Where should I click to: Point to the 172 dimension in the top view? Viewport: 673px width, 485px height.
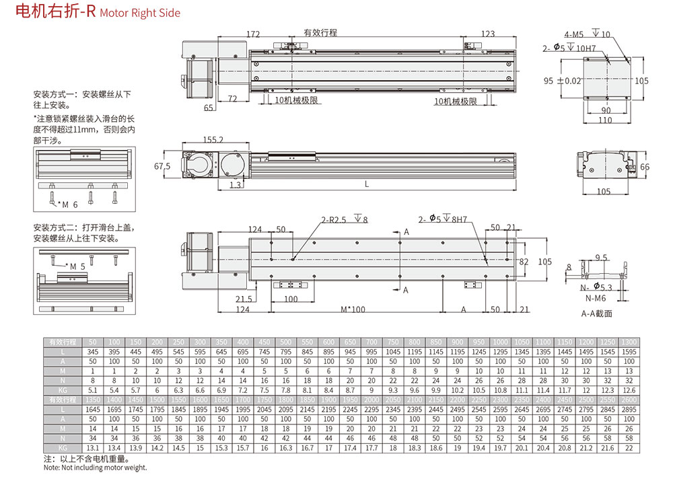point(253,34)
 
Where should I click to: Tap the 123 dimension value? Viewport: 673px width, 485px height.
point(488,34)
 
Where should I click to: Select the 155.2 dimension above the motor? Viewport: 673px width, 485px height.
point(212,139)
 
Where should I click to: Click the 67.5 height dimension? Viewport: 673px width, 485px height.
point(162,165)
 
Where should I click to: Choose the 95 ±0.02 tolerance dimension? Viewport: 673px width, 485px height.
point(561,80)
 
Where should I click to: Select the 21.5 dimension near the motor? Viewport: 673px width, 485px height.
point(244,299)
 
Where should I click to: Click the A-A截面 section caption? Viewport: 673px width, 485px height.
point(596,313)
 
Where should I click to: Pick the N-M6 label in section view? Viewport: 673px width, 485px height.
point(595,298)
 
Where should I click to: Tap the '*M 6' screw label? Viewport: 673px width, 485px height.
point(68,204)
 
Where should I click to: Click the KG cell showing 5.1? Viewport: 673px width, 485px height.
point(93,389)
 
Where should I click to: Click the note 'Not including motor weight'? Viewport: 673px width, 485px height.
point(95,468)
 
